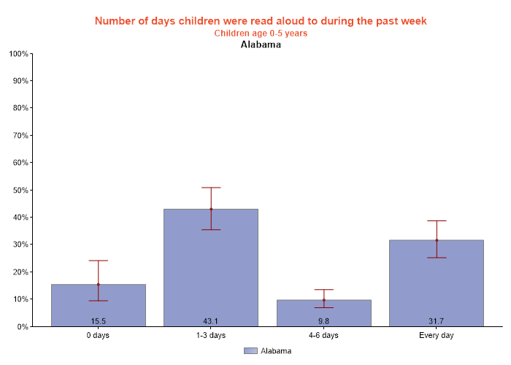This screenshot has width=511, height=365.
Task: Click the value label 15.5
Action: click(x=98, y=321)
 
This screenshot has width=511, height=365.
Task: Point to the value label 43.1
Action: click(x=211, y=321)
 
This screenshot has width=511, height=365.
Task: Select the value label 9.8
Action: click(x=323, y=321)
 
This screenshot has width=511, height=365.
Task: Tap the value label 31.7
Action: click(x=437, y=321)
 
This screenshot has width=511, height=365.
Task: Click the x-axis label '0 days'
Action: click(x=98, y=336)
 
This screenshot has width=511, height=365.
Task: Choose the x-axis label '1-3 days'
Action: click(x=211, y=336)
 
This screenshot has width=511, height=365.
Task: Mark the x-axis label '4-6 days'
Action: click(x=323, y=336)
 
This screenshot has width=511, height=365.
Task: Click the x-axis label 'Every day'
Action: click(x=437, y=336)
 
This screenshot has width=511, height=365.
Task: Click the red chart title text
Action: click(x=261, y=20)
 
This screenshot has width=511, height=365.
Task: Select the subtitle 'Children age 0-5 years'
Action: click(x=261, y=33)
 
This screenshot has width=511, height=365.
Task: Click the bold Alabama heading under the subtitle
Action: click(x=261, y=45)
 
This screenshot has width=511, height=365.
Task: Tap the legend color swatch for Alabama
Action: click(x=250, y=351)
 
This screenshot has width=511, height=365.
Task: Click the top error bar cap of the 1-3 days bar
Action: click(x=211, y=188)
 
